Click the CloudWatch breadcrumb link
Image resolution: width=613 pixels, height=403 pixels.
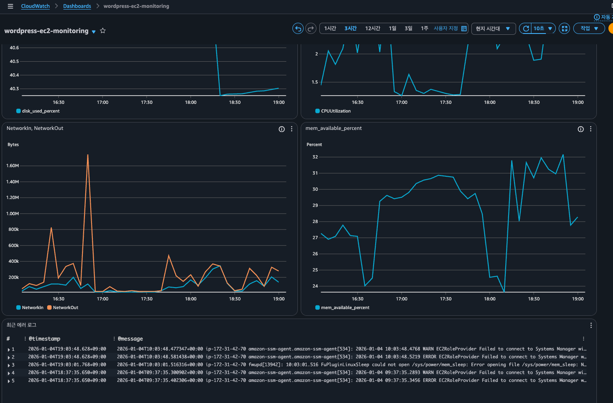(x=35, y=6)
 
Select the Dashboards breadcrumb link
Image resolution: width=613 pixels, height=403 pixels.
(x=77, y=6)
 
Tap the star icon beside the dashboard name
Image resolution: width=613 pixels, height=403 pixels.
(x=103, y=31)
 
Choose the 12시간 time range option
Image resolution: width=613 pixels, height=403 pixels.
(x=372, y=29)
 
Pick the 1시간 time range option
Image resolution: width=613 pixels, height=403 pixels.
(x=330, y=29)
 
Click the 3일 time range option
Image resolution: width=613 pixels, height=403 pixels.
(x=408, y=29)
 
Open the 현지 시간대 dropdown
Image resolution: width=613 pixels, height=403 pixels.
(x=493, y=29)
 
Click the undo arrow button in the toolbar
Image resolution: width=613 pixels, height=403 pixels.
(x=298, y=29)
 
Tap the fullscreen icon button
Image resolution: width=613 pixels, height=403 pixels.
(x=564, y=29)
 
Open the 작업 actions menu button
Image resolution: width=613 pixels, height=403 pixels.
(x=589, y=29)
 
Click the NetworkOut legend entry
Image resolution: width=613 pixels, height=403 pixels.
(x=63, y=307)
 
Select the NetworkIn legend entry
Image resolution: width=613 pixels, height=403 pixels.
(x=30, y=307)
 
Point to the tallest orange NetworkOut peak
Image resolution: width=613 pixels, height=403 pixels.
(x=87, y=155)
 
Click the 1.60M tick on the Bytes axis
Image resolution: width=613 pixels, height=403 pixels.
(x=12, y=166)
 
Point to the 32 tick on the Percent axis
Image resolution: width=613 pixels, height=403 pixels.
(x=315, y=157)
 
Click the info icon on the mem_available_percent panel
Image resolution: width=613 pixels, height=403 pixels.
(x=580, y=129)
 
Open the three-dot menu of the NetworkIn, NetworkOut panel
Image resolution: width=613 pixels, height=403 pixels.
(x=292, y=129)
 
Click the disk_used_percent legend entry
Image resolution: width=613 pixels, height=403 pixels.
(x=38, y=111)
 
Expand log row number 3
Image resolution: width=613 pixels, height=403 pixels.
(x=9, y=365)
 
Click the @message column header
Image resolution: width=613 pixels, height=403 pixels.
(x=130, y=338)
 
